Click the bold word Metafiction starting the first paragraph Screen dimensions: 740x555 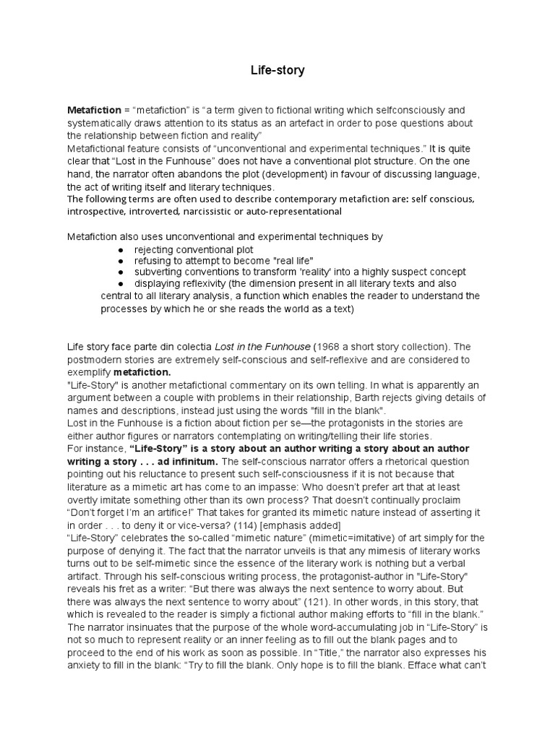tap(94, 110)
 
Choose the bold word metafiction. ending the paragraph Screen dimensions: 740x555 tap(142, 371)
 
